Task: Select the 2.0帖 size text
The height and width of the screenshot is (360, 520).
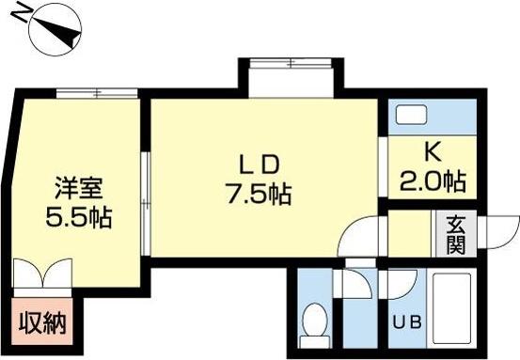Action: tap(432, 179)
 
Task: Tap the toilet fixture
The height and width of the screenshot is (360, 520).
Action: tap(316, 322)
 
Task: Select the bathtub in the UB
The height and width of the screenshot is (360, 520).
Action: tap(454, 308)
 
